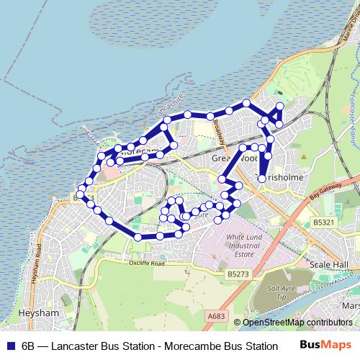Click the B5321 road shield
click(x=323, y=224)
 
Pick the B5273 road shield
click(x=237, y=274)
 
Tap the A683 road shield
click(x=218, y=315)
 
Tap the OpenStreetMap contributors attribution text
click(x=297, y=323)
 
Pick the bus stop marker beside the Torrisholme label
click(x=261, y=176)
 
